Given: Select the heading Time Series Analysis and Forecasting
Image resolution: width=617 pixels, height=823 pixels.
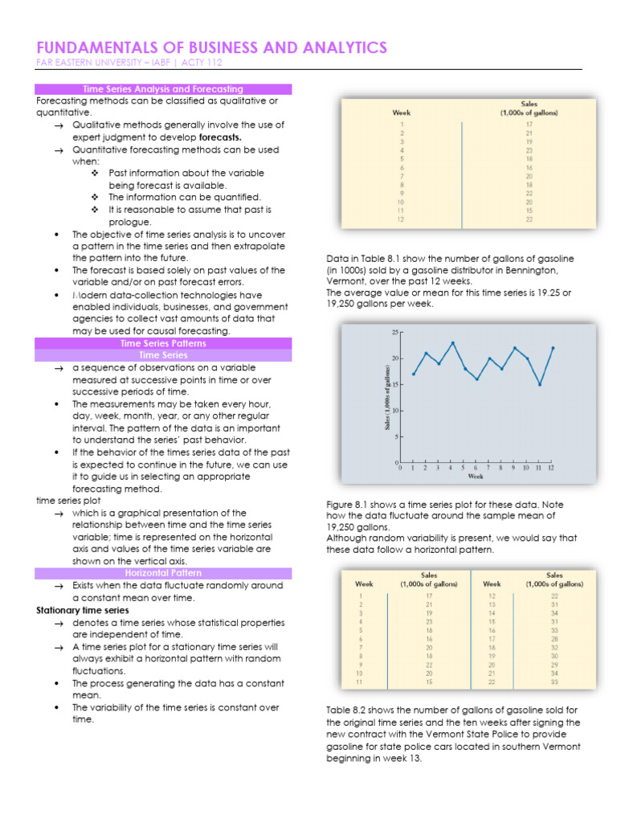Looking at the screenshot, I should click(x=163, y=89).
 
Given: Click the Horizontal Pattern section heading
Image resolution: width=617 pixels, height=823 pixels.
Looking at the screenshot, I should click(x=163, y=573).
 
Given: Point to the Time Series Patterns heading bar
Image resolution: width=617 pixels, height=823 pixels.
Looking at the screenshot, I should click(x=163, y=343).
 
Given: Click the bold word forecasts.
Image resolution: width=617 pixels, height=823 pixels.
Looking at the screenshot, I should click(x=220, y=137).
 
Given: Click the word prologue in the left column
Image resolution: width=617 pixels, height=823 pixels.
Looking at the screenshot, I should click(x=130, y=222).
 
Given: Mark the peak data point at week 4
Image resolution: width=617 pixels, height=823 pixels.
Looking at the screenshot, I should click(x=452, y=342).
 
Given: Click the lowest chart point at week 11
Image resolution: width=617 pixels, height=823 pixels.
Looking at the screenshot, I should click(x=540, y=384).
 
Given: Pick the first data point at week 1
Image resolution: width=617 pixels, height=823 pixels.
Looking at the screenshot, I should click(x=414, y=374).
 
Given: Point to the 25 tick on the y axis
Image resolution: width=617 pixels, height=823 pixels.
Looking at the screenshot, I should click(x=394, y=332).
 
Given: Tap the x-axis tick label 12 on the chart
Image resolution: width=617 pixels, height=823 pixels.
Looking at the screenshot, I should click(x=551, y=467).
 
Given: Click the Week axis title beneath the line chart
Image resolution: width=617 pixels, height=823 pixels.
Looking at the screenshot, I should click(x=476, y=477).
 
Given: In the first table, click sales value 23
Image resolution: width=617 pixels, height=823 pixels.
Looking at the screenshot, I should click(x=529, y=150).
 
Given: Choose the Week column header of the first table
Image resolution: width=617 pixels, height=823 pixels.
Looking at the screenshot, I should click(x=402, y=113).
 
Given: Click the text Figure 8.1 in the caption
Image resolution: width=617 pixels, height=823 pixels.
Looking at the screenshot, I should click(x=346, y=504).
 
